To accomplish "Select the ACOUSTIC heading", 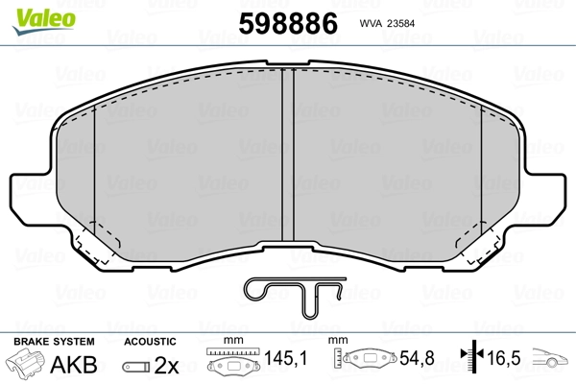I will pyautogui.click(x=150, y=342).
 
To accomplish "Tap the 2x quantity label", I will pyautogui.click(x=166, y=364).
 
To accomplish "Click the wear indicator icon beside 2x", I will pyautogui.click(x=136, y=365).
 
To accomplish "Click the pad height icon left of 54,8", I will pyautogui.click(x=364, y=362).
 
